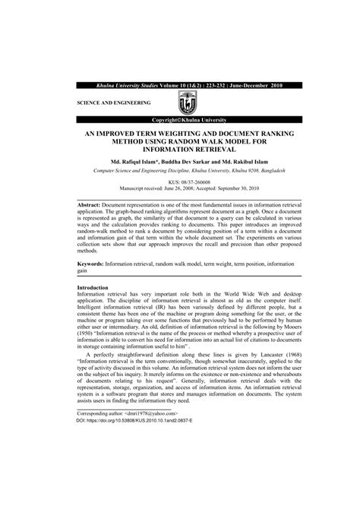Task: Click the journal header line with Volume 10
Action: [x=179, y=86]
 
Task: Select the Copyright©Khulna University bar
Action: [x=180, y=120]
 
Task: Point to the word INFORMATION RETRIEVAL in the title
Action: [x=179, y=149]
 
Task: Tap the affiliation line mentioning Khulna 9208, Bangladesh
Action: [x=179, y=172]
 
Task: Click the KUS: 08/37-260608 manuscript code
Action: [x=179, y=182]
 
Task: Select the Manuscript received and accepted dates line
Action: [x=179, y=190]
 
